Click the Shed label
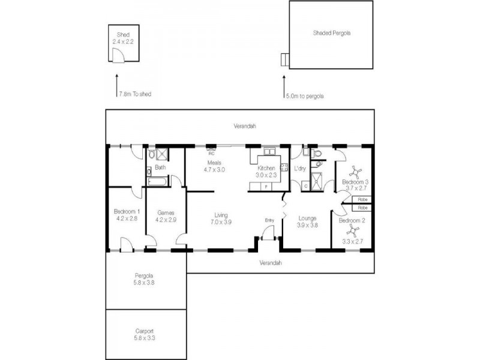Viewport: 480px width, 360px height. click(124, 35)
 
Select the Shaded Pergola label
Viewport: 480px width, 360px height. click(331, 34)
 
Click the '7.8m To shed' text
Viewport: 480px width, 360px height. click(136, 94)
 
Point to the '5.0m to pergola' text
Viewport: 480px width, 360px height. click(304, 95)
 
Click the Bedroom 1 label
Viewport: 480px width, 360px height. click(127, 211)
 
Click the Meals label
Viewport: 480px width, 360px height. click(215, 163)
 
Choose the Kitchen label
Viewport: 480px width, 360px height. click(266, 168)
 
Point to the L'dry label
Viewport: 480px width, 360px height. click(300, 169)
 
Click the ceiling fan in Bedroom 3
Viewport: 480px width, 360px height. click(355, 172)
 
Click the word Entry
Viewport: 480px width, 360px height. click(269, 220)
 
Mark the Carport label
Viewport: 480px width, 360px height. click(144, 331)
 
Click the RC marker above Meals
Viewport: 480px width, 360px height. click(211, 152)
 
